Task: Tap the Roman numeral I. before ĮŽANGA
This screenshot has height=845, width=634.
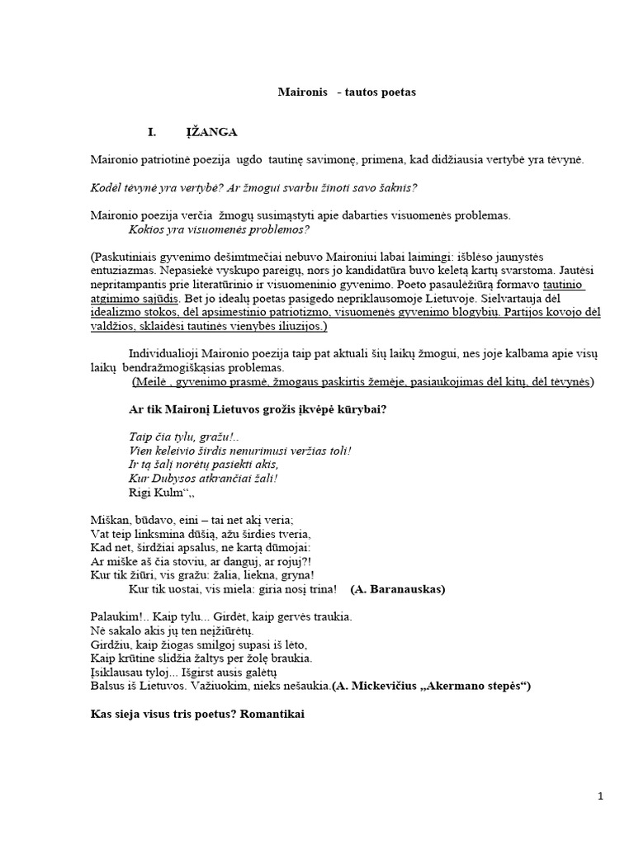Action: coord(152,131)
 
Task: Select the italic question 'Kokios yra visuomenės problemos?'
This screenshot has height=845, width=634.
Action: coord(219,229)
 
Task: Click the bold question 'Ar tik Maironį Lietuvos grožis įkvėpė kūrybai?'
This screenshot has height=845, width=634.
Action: coord(258,409)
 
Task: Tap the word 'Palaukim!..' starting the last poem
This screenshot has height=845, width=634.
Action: coord(116,616)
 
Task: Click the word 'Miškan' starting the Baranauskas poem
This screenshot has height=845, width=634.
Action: coord(108,520)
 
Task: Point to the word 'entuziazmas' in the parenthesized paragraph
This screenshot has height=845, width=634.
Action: coord(125,271)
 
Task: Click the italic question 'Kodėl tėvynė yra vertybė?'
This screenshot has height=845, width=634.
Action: coord(156,187)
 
